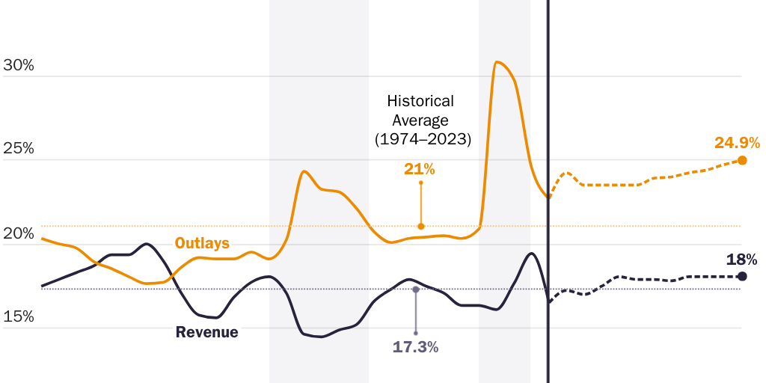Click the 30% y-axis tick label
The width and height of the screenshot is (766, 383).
click(x=19, y=65)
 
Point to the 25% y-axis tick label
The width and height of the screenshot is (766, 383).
click(x=19, y=148)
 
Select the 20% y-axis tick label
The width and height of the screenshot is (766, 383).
click(x=19, y=233)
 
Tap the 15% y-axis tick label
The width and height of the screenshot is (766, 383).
click(x=19, y=316)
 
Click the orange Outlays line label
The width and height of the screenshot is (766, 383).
click(x=202, y=243)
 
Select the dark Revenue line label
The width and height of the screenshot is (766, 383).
click(x=207, y=332)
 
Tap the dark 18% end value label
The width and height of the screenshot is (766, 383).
click(x=741, y=260)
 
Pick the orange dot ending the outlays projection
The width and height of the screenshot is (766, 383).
click(x=742, y=160)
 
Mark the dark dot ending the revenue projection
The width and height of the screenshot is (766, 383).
click(x=742, y=276)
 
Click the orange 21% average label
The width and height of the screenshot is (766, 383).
click(x=420, y=169)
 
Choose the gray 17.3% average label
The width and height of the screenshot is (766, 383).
click(x=415, y=347)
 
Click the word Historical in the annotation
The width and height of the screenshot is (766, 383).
click(x=420, y=101)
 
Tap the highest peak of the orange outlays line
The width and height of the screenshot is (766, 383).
click(x=497, y=61)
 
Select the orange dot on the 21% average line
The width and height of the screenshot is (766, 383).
click(x=421, y=226)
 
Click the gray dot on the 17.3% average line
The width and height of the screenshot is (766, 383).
click(x=416, y=289)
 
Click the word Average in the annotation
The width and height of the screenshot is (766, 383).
click(x=420, y=120)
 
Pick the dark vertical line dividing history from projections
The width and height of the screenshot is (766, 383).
click(x=548, y=90)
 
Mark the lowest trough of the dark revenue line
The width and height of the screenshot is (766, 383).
click(x=319, y=337)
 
